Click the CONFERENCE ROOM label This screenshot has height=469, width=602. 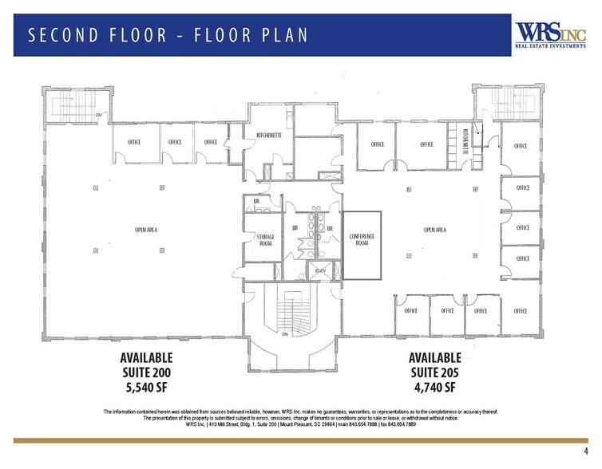click(362, 239)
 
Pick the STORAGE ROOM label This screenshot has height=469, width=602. click(265, 240)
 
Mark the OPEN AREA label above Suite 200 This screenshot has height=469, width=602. click(146, 230)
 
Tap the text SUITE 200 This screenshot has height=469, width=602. click(146, 372)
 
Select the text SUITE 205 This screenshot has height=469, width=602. click(434, 372)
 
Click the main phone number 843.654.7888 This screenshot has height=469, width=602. click(352, 424)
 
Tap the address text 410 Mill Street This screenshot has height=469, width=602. click(228, 424)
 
